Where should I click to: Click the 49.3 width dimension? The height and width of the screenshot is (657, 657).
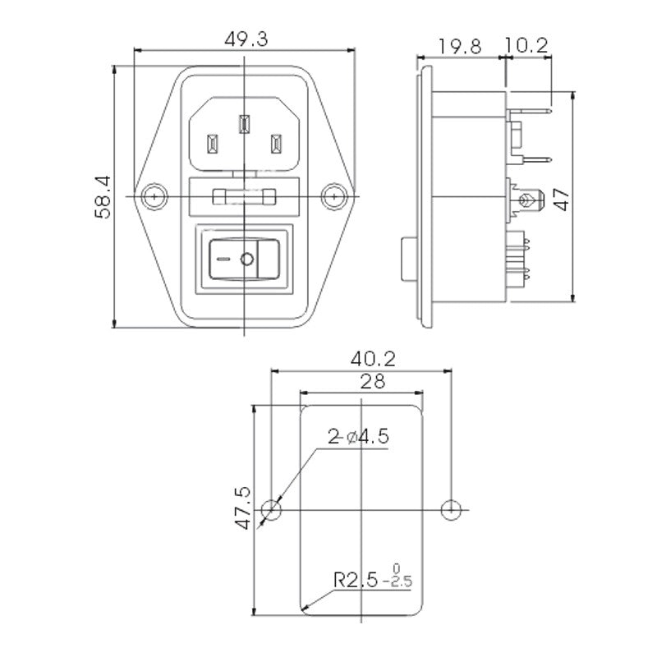246,39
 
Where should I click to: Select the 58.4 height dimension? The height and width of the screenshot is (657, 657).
103,197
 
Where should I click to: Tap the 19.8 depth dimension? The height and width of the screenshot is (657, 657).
460,46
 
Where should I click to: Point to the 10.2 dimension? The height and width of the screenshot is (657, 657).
526,45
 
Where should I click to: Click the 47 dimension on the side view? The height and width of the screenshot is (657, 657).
562,200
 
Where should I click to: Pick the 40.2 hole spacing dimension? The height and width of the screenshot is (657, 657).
373,359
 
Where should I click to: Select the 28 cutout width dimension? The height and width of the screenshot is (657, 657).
373,381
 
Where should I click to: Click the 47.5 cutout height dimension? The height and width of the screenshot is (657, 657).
242,508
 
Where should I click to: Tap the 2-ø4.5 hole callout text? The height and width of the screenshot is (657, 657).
359,437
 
